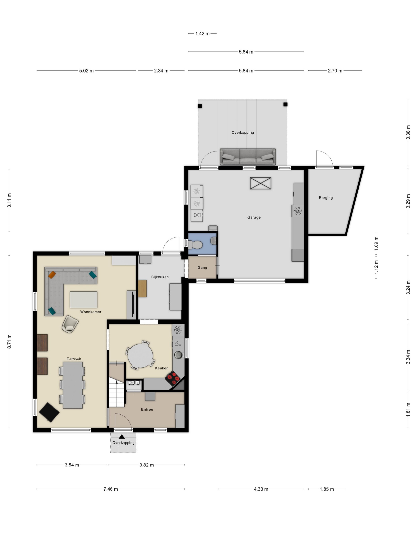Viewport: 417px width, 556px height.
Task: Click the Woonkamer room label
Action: pos(91,312)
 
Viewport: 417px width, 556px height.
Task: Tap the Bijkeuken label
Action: pos(160,277)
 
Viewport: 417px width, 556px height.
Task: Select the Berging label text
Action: pos(326,198)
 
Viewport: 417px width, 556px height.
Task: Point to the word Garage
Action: pos(254,217)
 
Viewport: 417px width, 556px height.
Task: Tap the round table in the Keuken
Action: pos(140,356)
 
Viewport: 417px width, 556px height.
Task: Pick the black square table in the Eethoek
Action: pos(49,412)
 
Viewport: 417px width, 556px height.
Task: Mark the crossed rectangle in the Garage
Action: pos(260,183)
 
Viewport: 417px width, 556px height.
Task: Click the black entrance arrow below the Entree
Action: pos(122,437)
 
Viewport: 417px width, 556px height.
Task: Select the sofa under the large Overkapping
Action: pos(248,157)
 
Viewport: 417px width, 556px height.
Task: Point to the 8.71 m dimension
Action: pos(9,342)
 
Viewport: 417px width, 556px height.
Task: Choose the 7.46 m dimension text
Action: pos(111,489)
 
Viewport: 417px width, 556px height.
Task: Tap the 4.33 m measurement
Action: pos(261,489)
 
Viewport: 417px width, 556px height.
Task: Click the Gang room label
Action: pos(202,267)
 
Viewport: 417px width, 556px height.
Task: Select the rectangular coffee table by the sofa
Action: pos(83,300)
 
